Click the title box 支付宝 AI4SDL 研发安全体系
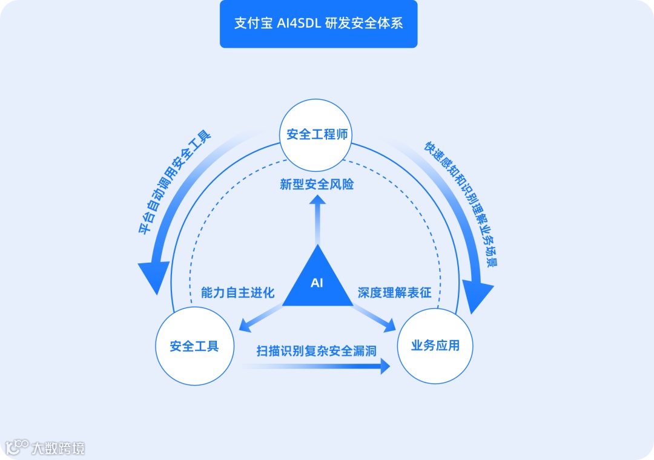tap(319, 24)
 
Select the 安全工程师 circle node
tap(317, 134)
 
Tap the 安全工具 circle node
tap(194, 347)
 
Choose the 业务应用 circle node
tap(435, 346)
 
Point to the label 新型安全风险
tap(317, 184)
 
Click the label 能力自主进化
tap(237, 293)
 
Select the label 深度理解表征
tap(394, 293)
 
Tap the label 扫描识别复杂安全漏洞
tap(317, 350)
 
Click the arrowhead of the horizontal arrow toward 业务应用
tap(385, 366)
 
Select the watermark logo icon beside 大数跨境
tap(17, 447)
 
